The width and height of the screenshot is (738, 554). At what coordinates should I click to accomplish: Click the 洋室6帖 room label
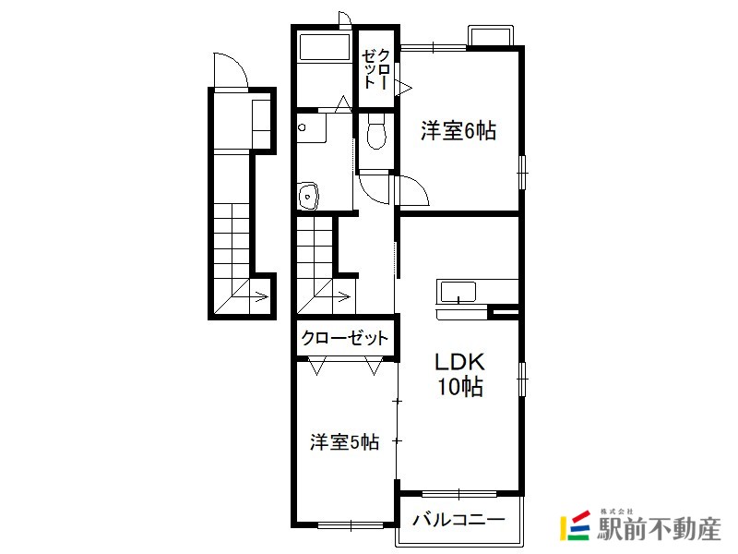[458, 130]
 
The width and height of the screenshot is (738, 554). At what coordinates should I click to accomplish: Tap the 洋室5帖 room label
[344, 442]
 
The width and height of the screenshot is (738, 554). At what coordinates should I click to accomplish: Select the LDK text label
[458, 362]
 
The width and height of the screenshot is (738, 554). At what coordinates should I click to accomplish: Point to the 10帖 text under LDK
[460, 387]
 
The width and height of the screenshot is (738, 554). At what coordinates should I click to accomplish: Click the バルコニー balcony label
[458, 520]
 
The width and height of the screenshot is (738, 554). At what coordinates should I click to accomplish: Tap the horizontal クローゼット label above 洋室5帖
[344, 338]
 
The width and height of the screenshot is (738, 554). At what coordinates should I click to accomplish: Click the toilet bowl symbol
[376, 131]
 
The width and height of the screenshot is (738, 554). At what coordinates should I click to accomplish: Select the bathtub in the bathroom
[325, 46]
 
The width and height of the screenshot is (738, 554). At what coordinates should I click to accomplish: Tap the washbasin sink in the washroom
[308, 195]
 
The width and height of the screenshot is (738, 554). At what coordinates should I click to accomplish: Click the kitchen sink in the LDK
[457, 292]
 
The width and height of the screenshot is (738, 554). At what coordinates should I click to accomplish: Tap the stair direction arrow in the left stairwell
[260, 297]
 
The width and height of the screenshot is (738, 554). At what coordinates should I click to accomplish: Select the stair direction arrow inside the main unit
[342, 296]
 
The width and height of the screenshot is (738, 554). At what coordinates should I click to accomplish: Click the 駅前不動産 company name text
[659, 529]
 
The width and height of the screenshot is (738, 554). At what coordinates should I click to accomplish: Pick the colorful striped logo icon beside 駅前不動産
[575, 525]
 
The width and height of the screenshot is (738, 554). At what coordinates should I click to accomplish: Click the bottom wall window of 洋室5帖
[351, 524]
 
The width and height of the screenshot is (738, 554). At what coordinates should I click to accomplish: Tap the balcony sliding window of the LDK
[459, 494]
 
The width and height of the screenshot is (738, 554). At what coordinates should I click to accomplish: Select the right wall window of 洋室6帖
[522, 173]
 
